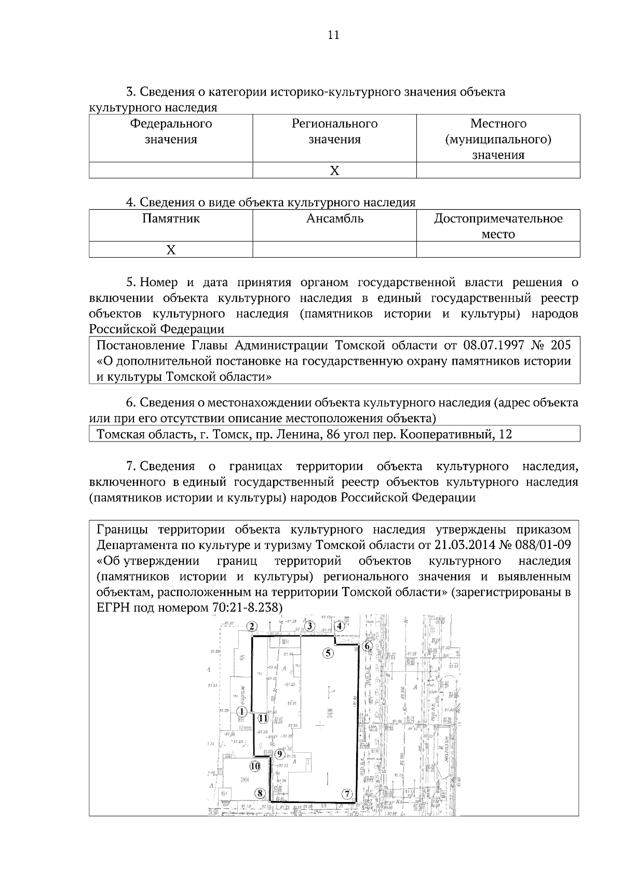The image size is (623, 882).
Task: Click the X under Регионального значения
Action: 335,171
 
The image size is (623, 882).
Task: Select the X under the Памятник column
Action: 171,250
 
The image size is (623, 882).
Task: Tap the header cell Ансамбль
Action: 335,219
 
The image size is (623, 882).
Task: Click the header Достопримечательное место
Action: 498,226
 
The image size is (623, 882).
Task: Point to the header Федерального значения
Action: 171,131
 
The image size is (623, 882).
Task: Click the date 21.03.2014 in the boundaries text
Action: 460,545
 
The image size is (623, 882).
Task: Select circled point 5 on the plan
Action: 328,653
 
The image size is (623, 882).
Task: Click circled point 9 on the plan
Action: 280,754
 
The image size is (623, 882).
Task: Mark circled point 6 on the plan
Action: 367,646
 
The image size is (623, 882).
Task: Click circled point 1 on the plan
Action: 241,712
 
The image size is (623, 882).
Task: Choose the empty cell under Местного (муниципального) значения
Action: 498,171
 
